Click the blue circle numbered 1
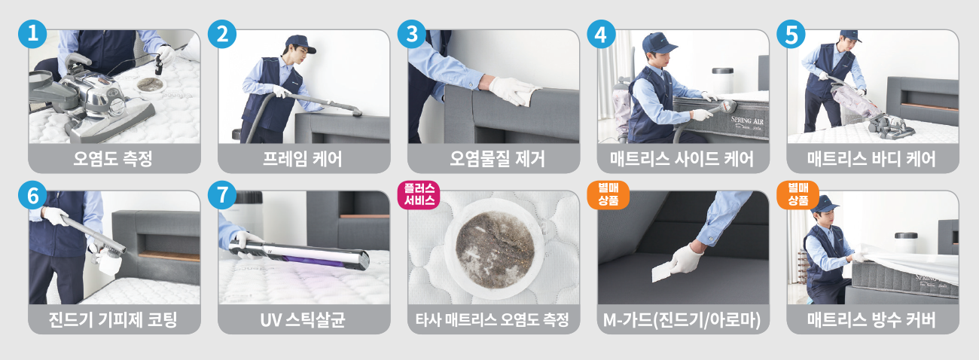pyautogui.click(x=32, y=34)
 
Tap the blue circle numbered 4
pyautogui.click(x=601, y=34)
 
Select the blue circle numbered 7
pyautogui.click(x=222, y=195)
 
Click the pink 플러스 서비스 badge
pyautogui.click(x=419, y=194)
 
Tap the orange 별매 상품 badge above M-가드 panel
pyautogui.click(x=608, y=194)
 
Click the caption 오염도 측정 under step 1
pyautogui.click(x=113, y=159)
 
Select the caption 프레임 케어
pyautogui.click(x=303, y=159)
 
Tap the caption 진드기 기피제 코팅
pyautogui.click(x=113, y=319)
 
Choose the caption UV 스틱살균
pyautogui.click(x=303, y=319)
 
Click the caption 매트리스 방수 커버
pyautogui.click(x=871, y=319)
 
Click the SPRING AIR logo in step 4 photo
pyautogui.click(x=747, y=121)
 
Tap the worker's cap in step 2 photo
pyautogui.click(x=300, y=44)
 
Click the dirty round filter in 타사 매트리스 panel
pyautogui.click(x=495, y=249)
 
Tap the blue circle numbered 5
pyautogui.click(x=791, y=34)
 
